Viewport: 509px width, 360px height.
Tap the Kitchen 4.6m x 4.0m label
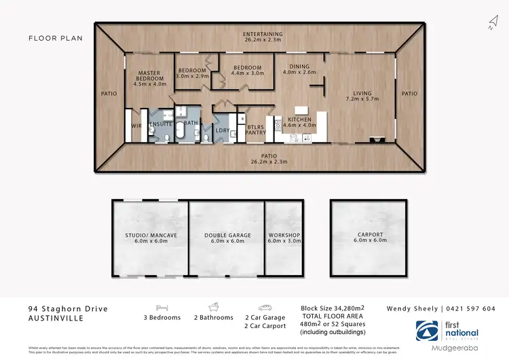pos(299,121)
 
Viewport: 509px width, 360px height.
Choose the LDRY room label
pos(221,130)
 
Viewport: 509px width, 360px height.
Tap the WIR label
pos(136,125)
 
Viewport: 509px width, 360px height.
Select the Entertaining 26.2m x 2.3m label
pos(264,37)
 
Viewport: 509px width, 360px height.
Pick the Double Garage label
pos(227,238)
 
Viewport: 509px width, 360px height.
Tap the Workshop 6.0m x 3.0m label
pos(284,238)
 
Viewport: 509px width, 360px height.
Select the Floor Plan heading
pos(56,38)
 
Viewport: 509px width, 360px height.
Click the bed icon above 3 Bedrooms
pos(162,307)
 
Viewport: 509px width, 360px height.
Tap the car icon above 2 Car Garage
pos(264,307)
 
